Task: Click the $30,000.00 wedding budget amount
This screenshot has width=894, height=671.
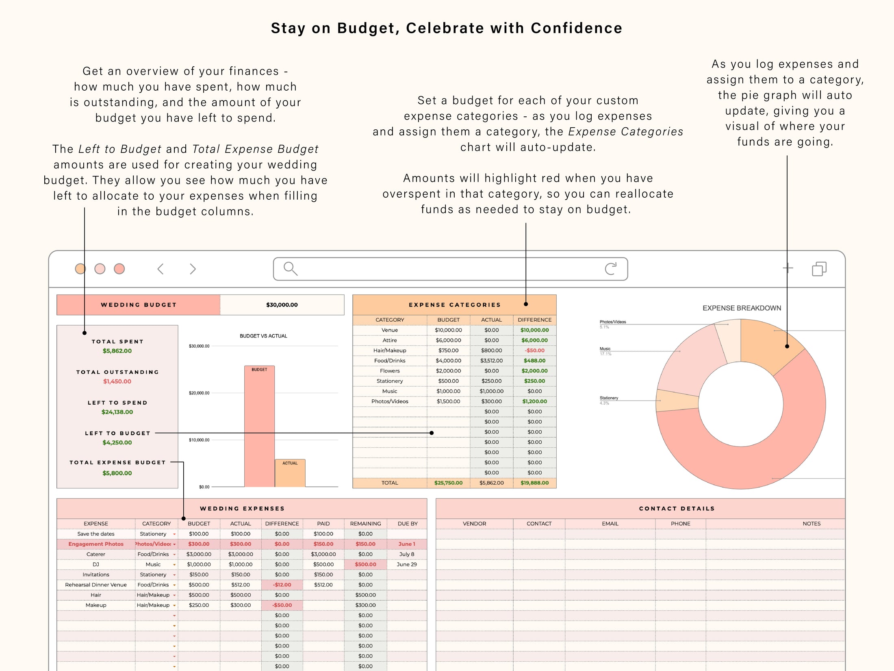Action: click(282, 305)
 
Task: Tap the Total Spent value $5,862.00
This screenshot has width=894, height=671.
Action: click(117, 351)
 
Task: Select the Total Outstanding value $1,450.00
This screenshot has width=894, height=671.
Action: click(117, 381)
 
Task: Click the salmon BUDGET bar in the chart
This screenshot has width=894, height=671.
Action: click(259, 427)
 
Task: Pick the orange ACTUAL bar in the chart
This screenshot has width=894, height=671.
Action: click(290, 474)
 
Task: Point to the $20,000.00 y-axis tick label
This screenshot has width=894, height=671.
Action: click(199, 393)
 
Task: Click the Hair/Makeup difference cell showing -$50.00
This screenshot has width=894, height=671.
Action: click(534, 350)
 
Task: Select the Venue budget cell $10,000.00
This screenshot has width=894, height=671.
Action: click(448, 330)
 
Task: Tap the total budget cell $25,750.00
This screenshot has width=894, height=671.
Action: click(448, 483)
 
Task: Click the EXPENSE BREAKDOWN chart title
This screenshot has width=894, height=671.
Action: click(742, 308)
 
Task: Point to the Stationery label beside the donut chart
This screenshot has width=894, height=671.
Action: click(609, 398)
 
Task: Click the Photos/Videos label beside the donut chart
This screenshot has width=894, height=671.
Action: click(613, 322)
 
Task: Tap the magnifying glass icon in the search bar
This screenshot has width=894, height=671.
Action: click(290, 269)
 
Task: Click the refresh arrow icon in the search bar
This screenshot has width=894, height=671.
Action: click(610, 268)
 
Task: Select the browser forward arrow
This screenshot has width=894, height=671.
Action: click(193, 269)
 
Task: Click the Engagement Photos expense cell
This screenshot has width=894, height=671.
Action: click(96, 544)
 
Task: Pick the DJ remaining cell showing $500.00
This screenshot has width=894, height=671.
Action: click(365, 564)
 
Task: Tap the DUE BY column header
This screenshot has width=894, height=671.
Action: click(407, 523)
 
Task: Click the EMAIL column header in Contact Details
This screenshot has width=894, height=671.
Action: click(610, 523)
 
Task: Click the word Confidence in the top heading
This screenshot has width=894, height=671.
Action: click(576, 28)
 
